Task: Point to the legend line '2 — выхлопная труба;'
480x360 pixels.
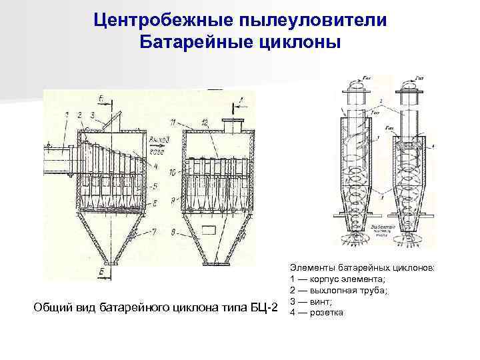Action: coord(338,291)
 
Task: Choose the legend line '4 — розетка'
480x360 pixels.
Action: coord(317,311)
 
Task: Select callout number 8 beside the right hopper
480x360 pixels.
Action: coord(173,232)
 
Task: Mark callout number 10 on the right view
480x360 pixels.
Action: coord(173,172)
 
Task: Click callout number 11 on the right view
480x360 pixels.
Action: coord(173,122)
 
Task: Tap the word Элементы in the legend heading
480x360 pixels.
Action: coord(313,269)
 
